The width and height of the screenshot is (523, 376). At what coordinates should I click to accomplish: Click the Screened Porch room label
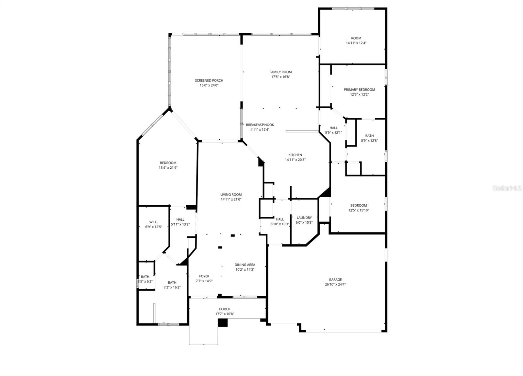[x=209, y=80]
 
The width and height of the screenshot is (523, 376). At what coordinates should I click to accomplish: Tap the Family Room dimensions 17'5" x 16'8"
[x=280, y=77]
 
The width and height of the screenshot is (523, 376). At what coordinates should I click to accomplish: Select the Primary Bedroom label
[x=359, y=90]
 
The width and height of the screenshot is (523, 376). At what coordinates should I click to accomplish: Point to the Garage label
[x=335, y=280]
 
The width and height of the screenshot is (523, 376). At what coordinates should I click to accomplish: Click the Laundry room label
[x=304, y=218]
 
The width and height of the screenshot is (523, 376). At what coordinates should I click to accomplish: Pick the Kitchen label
[x=295, y=155]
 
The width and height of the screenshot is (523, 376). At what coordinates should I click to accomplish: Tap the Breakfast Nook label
[x=260, y=125]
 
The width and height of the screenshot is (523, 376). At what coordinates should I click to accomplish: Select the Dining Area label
[x=245, y=265]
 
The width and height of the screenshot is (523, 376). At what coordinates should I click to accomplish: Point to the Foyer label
[x=204, y=276]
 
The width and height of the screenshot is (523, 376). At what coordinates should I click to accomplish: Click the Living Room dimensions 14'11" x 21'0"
[x=231, y=199]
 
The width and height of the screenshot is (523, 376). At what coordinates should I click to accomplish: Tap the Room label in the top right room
[x=356, y=38]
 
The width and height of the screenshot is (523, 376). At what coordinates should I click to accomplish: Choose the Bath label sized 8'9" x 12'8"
[x=369, y=136]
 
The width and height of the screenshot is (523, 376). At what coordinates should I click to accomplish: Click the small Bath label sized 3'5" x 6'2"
[x=145, y=277]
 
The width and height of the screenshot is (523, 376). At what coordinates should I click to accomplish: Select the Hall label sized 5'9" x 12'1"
[x=333, y=128]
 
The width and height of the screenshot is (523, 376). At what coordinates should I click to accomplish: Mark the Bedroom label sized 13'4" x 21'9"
[x=168, y=163]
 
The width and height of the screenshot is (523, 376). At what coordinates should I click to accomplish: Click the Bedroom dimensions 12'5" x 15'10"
[x=359, y=210]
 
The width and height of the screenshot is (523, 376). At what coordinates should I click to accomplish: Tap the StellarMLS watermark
[x=507, y=189]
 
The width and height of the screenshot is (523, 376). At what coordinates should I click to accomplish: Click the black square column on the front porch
[x=223, y=322]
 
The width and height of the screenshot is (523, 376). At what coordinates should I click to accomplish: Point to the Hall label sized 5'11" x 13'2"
[x=180, y=220]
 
